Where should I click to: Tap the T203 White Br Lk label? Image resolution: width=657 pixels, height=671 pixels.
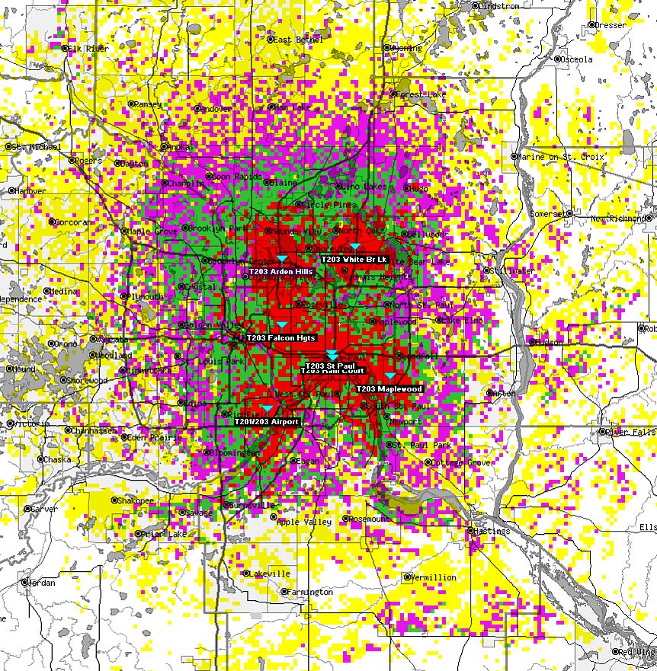click(x=354, y=259)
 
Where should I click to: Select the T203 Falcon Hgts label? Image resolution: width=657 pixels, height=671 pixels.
click(x=280, y=337)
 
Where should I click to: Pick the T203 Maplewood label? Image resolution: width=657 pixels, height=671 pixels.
click(x=389, y=388)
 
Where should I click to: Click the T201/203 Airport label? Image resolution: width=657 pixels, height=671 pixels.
click(x=267, y=421)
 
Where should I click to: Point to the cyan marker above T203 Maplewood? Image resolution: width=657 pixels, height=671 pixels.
click(x=390, y=376)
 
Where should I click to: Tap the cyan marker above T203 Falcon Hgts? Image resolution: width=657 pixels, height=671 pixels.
click(x=282, y=325)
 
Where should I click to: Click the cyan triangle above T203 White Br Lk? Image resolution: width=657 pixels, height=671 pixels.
click(x=355, y=247)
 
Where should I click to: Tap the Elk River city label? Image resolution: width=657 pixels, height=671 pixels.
click(x=85, y=49)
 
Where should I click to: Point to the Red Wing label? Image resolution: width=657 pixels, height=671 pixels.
click(x=637, y=652)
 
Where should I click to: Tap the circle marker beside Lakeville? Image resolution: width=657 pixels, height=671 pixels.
click(x=246, y=574)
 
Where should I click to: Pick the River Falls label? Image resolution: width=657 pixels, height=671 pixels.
click(x=630, y=432)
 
